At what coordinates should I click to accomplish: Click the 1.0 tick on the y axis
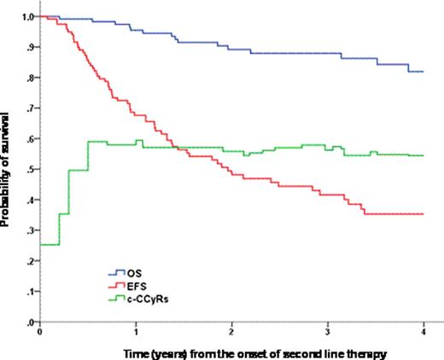(x=29, y=17)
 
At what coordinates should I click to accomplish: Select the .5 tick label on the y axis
(x=31, y=170)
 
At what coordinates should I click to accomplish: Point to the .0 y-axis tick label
(x=31, y=322)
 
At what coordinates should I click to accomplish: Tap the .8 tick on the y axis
(x=31, y=78)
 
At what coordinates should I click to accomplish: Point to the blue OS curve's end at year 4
(x=423, y=72)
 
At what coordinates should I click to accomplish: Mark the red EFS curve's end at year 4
(x=423, y=214)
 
